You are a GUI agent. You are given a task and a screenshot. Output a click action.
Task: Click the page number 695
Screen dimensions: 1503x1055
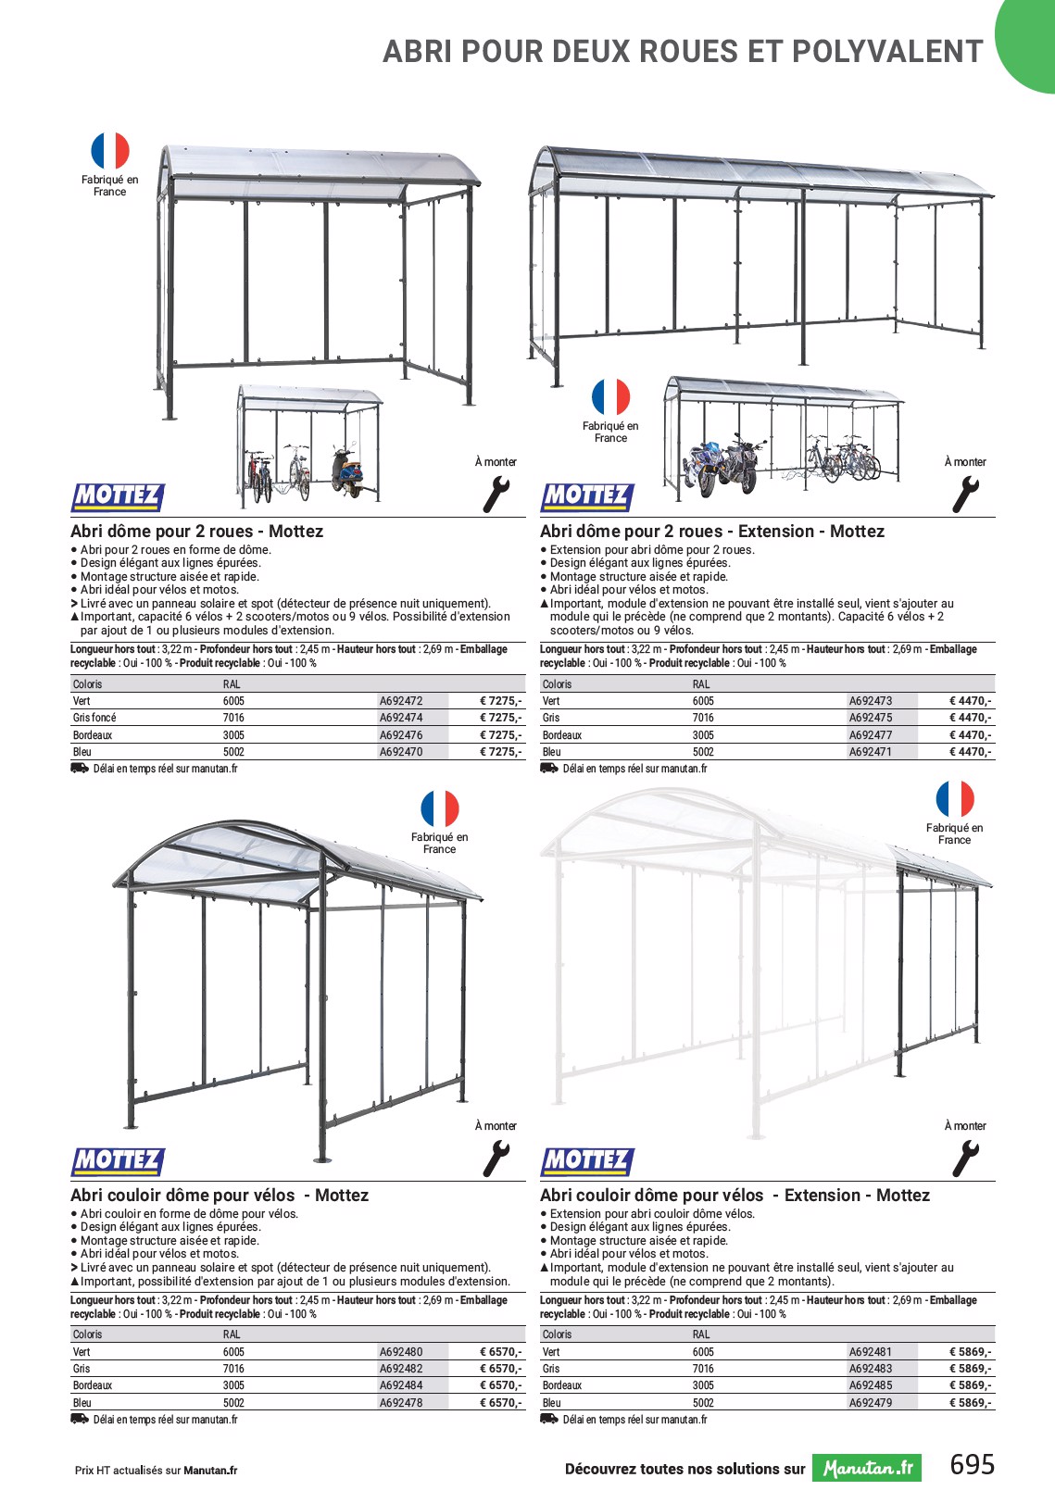(x=972, y=1464)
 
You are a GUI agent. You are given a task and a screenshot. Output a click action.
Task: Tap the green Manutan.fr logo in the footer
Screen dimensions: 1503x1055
(x=867, y=1468)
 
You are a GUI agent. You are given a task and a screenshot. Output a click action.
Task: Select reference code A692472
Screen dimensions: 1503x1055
(x=401, y=701)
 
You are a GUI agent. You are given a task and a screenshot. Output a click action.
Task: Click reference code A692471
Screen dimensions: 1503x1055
(x=871, y=752)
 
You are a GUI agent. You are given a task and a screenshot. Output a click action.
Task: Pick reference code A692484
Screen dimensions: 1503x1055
(x=401, y=1385)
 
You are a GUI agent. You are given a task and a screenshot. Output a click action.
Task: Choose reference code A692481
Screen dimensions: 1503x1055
(x=871, y=1352)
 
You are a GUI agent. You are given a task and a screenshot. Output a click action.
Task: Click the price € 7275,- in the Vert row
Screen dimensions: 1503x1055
(x=500, y=701)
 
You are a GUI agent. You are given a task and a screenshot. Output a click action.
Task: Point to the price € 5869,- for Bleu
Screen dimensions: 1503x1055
(x=970, y=1403)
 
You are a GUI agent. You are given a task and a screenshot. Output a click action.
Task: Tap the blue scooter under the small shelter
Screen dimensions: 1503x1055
(x=346, y=472)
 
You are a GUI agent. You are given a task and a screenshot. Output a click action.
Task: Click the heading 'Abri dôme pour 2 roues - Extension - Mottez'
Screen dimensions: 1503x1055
(x=712, y=532)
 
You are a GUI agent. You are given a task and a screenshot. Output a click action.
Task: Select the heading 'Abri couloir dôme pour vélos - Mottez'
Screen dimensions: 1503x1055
(x=220, y=1196)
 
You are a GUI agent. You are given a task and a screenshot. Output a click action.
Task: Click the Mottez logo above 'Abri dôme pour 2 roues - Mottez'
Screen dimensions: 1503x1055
(x=118, y=497)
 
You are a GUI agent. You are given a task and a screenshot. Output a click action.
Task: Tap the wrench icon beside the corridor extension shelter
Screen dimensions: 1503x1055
(x=965, y=1159)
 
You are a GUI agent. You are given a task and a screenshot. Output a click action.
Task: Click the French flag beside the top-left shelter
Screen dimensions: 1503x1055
(x=109, y=151)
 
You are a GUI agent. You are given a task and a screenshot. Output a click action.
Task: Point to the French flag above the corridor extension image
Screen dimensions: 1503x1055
(x=955, y=799)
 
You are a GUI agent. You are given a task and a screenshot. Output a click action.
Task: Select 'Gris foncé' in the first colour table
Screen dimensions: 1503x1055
(x=94, y=718)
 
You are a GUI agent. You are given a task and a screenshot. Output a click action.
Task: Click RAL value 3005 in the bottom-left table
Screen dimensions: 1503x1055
(x=233, y=1385)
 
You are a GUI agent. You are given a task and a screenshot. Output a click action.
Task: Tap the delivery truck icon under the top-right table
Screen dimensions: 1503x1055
(x=549, y=769)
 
